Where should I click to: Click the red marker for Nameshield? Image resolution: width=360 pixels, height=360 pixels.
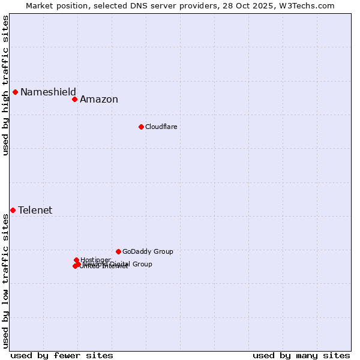click(15, 92)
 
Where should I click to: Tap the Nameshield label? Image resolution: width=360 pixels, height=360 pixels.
click(48, 92)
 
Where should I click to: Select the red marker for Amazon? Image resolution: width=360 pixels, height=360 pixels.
click(74, 99)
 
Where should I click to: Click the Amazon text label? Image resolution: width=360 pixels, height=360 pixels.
click(99, 100)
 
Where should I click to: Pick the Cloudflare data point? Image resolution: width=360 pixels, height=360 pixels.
click(141, 127)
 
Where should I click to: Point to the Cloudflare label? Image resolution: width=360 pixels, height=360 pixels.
click(161, 127)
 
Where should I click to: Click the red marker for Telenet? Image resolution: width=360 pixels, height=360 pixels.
click(13, 210)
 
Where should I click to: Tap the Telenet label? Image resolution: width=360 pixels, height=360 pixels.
click(35, 210)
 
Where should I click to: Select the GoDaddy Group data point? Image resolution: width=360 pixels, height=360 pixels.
click(118, 251)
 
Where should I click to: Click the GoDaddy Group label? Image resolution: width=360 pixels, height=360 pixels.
click(148, 251)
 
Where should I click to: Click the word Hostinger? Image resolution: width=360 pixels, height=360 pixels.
click(95, 260)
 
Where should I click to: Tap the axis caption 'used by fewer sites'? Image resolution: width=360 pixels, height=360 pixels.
click(62, 355)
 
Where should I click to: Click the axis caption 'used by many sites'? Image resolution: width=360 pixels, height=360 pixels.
click(301, 355)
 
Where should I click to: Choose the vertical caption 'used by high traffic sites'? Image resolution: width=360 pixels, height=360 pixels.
click(5, 85)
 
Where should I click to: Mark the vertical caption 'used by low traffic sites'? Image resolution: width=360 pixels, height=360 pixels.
click(5, 280)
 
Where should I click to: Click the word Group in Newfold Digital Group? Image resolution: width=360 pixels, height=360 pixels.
click(142, 264)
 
